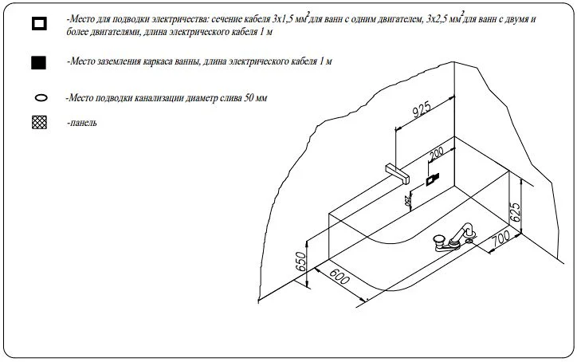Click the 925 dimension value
421,110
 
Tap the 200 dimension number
437,152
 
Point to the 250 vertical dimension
407,202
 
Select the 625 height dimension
515,212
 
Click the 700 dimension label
501,238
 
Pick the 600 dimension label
339,277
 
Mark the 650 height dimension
301,262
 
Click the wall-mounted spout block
398,173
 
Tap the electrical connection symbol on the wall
432,179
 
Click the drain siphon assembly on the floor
455,238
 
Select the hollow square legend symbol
39,23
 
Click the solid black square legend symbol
38,63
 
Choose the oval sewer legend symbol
41,98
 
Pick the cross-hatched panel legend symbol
39,122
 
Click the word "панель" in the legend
83,123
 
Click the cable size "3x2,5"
438,19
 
